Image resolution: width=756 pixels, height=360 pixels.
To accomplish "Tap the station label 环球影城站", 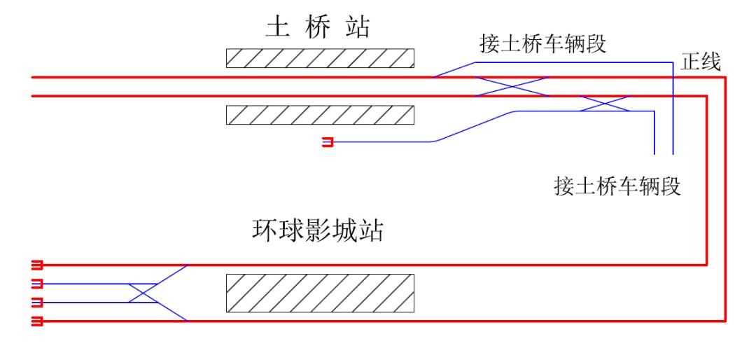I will point(318,230).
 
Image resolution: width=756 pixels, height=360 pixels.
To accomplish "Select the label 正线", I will point(702,64).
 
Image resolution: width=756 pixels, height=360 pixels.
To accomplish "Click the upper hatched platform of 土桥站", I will point(320,58).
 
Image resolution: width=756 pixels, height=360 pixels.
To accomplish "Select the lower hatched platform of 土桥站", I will point(320,114).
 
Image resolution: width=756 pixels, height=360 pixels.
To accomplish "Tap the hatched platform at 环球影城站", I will point(320,293).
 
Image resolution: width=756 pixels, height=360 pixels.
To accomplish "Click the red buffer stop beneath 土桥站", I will point(328,143).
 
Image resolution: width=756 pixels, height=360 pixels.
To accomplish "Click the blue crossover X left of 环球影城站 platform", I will point(143,293).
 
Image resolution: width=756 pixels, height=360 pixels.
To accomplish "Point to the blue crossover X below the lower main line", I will point(605,104).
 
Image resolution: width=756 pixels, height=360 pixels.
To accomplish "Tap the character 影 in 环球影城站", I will point(318,230).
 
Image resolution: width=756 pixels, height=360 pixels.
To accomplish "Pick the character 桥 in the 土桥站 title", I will point(319,28).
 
